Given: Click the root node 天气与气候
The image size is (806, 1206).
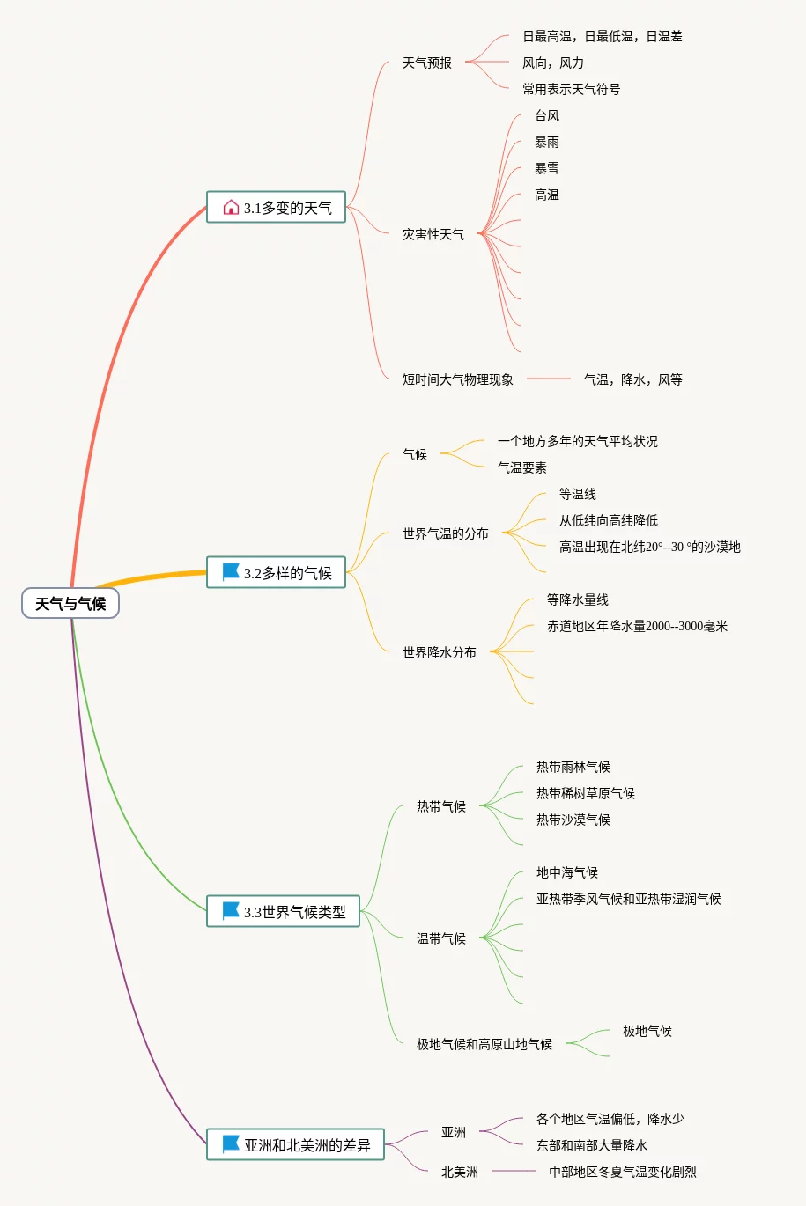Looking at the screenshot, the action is tap(70, 604).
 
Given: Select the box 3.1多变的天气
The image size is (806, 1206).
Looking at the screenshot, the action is tap(277, 208).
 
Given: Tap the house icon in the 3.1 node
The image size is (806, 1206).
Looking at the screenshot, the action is tap(231, 208).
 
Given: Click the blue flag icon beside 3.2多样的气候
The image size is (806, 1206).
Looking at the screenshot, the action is tap(231, 572).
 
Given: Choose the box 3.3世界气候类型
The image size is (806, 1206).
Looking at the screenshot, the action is tap(284, 912).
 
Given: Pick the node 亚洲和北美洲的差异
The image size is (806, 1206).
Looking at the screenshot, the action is tap(296, 1145).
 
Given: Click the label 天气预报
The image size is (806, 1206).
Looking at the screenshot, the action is tap(427, 63).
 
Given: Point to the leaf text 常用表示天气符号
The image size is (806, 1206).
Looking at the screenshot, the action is tap(571, 89).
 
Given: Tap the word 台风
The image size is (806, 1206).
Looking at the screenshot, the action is tap(547, 115).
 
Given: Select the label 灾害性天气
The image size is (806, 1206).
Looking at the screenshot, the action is tap(433, 234).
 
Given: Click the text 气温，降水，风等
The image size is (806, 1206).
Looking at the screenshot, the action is tap(633, 379).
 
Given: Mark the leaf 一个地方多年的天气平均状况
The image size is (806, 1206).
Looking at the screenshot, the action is tap(578, 441).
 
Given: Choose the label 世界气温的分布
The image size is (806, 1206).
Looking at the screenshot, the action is tap(446, 533).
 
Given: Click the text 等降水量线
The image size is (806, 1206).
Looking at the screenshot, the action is tap(578, 599).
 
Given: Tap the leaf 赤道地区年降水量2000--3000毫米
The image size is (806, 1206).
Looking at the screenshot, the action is tap(637, 626).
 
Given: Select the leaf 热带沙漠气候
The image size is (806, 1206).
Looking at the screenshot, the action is tap(573, 820).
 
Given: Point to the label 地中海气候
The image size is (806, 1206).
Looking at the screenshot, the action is tap(567, 872).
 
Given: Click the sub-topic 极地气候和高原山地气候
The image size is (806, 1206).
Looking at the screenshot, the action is tap(484, 1044).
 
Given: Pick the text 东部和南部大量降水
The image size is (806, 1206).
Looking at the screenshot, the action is tap(592, 1145).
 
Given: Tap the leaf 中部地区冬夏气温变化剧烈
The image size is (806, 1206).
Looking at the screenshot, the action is tap(623, 1172).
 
